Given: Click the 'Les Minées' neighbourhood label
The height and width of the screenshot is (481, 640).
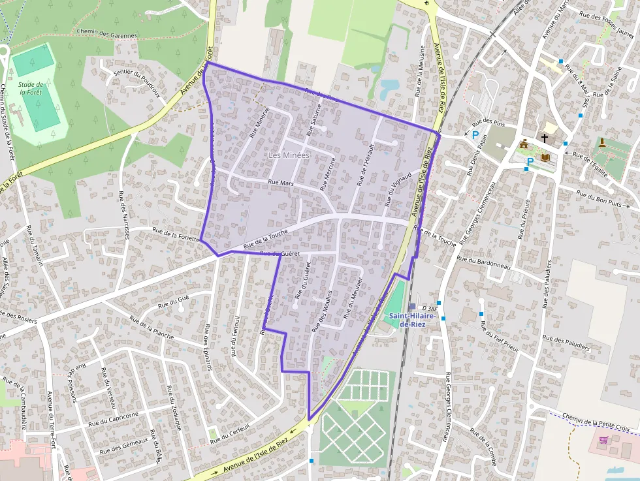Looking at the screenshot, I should pyautogui.click(x=288, y=155).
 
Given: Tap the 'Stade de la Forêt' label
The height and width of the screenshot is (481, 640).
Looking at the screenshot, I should pyautogui.click(x=31, y=88).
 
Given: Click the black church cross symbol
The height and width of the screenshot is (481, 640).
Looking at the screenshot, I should pyautogui.click(x=545, y=138).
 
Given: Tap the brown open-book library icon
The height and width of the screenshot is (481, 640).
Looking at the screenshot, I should pyautogui.click(x=545, y=158).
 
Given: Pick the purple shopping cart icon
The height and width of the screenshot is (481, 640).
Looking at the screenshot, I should pyautogui.click(x=602, y=441).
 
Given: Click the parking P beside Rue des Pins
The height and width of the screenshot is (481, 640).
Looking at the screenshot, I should pyautogui.click(x=475, y=136).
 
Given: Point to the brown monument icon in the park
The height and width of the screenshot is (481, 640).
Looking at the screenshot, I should pyautogui.click(x=601, y=142).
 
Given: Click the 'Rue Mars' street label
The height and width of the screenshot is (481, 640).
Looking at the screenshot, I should pyautogui.click(x=281, y=183).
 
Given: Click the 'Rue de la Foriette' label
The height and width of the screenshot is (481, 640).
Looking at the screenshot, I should pyautogui.click(x=176, y=234).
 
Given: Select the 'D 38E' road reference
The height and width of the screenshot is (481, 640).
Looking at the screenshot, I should pyautogui.click(x=429, y=307).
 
